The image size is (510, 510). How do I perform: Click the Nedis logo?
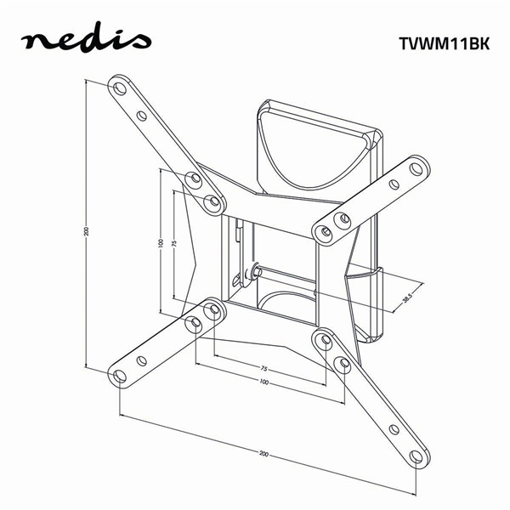click(85, 40)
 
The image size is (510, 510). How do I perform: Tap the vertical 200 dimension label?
click(86, 231)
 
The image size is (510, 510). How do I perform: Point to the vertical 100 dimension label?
click(160, 243)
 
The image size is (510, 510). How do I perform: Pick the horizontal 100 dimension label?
click(264, 383)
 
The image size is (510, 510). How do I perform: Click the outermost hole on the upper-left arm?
click(119, 88)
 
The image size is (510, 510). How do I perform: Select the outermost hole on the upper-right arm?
click(416, 168)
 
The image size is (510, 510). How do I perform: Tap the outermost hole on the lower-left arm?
click(120, 376)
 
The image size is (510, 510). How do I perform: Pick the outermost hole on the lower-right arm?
click(416, 456)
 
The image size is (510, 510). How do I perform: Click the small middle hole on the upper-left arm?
click(142, 116)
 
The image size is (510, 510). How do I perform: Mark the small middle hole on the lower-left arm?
click(142, 360)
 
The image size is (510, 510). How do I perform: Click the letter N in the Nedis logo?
click(33, 42)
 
